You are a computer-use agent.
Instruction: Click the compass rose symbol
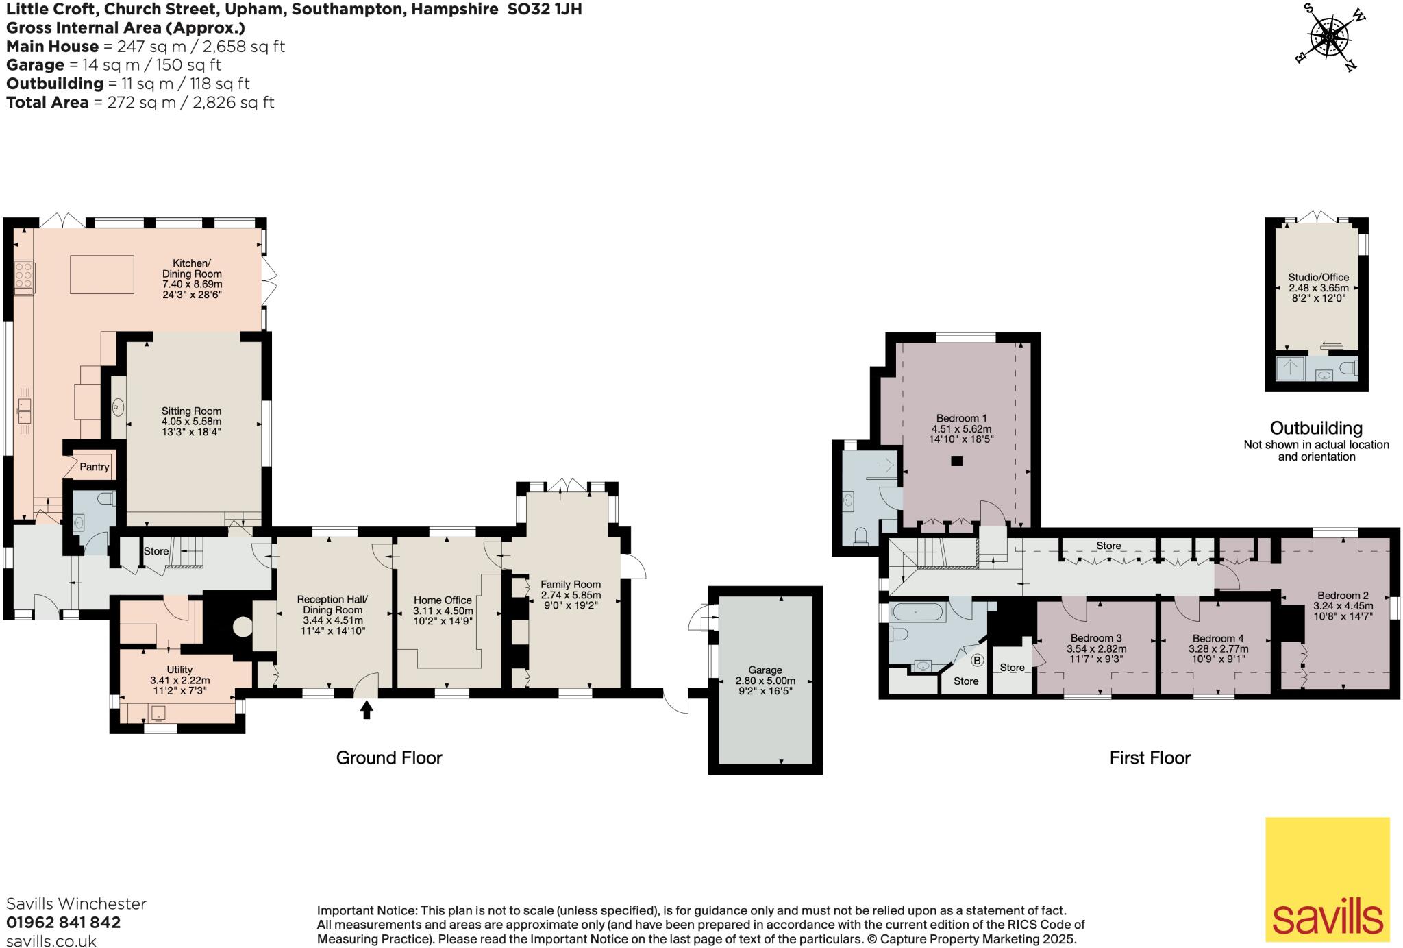tap(1330, 37)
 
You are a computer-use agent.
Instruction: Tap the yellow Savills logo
tap(1327, 879)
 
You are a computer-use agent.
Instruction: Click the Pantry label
tap(95, 467)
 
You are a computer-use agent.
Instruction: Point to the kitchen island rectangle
tap(102, 274)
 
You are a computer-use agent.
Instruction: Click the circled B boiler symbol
tap(977, 661)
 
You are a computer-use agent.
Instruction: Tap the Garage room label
tap(765, 670)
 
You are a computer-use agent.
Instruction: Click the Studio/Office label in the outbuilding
tap(1308, 278)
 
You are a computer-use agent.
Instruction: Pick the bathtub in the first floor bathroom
tap(918, 613)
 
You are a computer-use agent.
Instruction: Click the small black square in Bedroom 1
tap(957, 461)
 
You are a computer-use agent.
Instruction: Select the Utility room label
tap(179, 670)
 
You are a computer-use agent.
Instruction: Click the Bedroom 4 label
tap(1218, 638)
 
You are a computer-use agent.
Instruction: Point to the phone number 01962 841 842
tap(63, 923)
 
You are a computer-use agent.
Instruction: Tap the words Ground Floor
tap(388, 757)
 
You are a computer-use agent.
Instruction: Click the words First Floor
tap(1150, 757)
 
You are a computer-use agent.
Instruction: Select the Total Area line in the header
tap(140, 103)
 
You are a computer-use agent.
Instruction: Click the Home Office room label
tap(443, 600)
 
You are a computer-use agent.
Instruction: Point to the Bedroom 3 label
tap(1096, 638)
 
